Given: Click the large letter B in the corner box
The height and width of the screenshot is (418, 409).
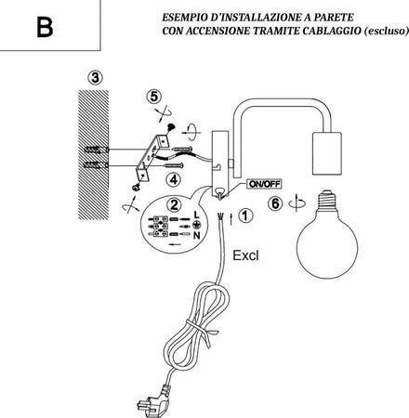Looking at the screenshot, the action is pos(45,27).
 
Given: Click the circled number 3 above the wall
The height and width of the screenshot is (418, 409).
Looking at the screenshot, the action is pos(95,78).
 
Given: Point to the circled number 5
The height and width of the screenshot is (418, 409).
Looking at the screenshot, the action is pos(154,97).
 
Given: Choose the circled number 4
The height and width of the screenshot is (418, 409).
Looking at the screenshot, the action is pos(174,179).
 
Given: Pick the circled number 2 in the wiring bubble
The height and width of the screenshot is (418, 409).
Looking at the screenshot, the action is pos(174,204).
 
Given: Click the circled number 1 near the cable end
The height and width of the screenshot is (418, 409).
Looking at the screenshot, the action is pos(245,216).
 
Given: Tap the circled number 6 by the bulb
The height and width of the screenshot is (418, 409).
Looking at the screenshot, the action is pos(275,203).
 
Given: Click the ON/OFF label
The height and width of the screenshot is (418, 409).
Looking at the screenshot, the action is pos(264,184).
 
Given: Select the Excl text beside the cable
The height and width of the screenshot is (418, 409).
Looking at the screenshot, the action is pos(245,255).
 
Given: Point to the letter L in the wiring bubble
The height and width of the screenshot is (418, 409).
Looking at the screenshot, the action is pos(196,215).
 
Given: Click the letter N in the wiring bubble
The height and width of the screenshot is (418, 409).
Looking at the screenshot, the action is pos(197,236).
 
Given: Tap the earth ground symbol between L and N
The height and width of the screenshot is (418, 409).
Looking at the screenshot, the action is pos(196,225).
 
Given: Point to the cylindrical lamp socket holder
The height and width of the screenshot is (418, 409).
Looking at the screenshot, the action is pos(327,154).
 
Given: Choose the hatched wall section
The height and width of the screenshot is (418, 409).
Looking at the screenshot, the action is pos(94,155).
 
